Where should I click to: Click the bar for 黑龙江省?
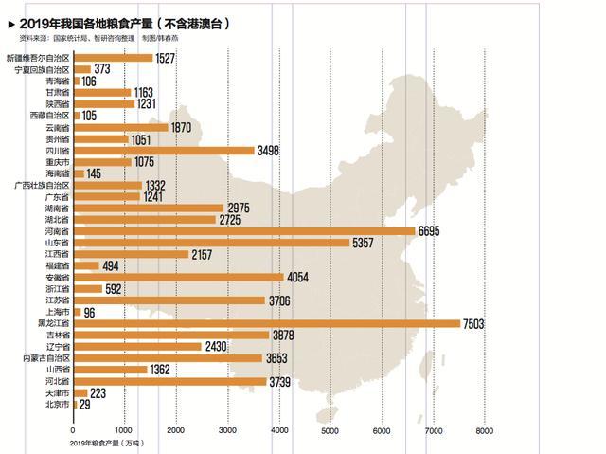pyautogui.click(x=266, y=323)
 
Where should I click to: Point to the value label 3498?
pyautogui.click(x=269, y=150)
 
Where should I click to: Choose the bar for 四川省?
pyautogui.click(x=163, y=150)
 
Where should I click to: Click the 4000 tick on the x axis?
pyautogui.click(x=278, y=430)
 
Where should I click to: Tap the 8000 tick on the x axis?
pyautogui.click(x=484, y=430)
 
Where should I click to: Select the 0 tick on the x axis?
pyautogui.click(x=74, y=430)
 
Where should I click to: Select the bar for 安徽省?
pyautogui.click(x=178, y=277)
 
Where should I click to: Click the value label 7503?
pyautogui.click(x=473, y=323)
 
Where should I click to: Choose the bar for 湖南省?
pyautogui.click(x=148, y=208)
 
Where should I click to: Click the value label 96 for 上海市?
pyautogui.click(x=90, y=312)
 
